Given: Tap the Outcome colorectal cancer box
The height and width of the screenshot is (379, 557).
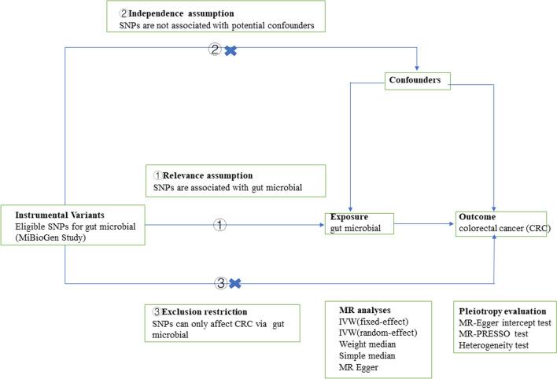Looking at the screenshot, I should pos(504,222).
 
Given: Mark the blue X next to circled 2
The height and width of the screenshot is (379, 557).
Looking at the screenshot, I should pos(230,50).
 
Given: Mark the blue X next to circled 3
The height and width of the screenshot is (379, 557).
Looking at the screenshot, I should pos(233,282).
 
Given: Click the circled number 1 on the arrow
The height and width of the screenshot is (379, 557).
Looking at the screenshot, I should pos(220,225).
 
